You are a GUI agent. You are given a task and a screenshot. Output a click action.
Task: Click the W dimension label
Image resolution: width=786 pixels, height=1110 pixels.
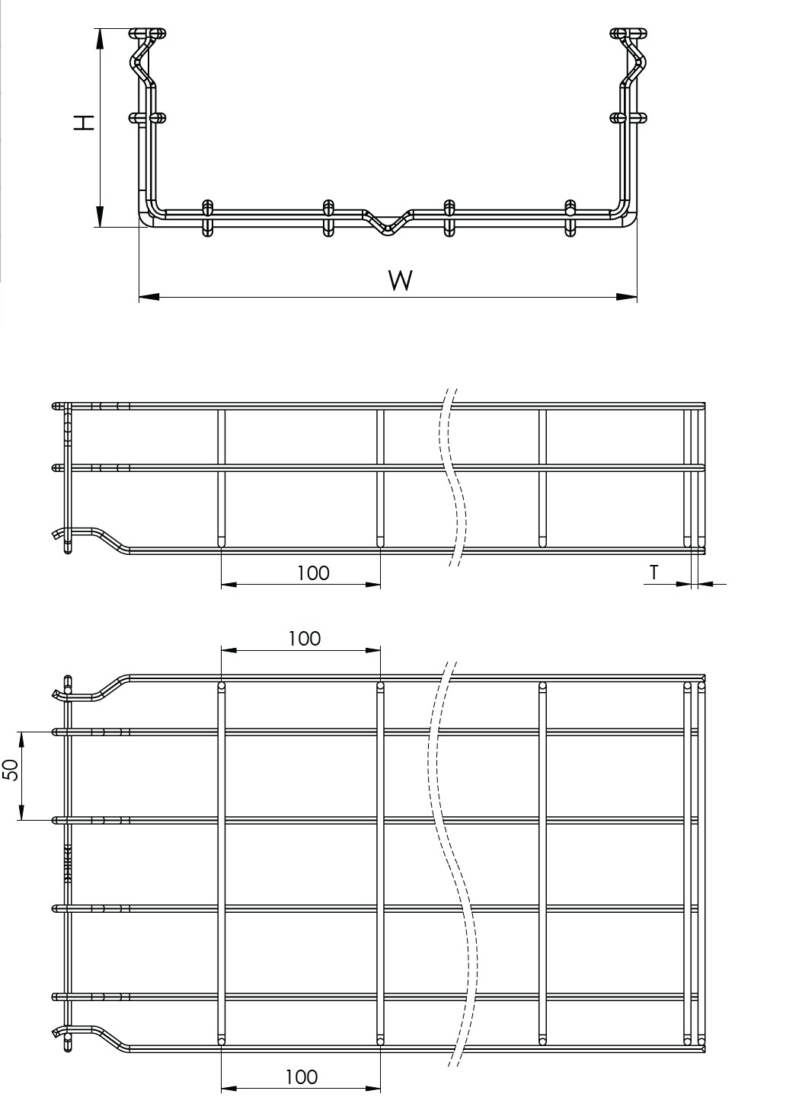401,280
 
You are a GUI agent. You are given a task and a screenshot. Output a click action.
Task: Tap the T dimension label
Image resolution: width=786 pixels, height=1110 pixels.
654,573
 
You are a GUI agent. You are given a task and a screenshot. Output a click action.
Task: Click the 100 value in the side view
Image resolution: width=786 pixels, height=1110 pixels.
313,573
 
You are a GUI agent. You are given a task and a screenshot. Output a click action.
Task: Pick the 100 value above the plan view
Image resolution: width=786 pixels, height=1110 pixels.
305,639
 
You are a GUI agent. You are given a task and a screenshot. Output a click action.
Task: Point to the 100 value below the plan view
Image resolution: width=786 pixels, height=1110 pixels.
302,1073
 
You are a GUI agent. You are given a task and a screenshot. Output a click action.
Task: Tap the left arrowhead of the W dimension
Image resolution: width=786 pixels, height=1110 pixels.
149,297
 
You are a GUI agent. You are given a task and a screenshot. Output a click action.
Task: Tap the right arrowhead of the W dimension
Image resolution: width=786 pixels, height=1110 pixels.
627,297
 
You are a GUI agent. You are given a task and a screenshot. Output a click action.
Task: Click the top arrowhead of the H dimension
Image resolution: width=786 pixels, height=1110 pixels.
100,39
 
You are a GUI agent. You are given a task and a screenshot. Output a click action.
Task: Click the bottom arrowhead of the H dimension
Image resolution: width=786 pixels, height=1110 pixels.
100,216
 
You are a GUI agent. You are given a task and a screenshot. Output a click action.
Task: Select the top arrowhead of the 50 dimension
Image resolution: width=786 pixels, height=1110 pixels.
21,742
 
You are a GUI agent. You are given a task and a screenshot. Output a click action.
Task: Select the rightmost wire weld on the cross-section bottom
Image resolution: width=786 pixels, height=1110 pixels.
570,218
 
